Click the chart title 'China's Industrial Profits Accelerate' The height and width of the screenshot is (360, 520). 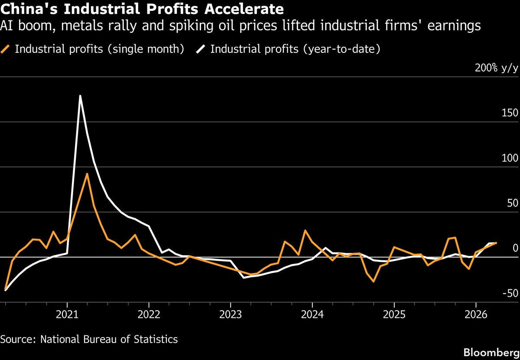pyautogui.click(x=142, y=9)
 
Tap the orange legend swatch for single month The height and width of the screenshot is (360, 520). pyautogui.click(x=6, y=49)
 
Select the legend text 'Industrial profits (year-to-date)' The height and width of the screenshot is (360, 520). pyautogui.click(x=295, y=49)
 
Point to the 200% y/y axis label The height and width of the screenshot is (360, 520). pyautogui.click(x=497, y=68)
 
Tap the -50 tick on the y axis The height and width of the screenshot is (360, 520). pyautogui.click(x=510, y=294)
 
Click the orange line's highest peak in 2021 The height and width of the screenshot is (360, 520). pyautogui.click(x=87, y=174)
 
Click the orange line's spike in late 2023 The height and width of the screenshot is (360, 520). pyautogui.click(x=305, y=230)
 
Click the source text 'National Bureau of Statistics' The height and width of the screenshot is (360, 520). pyautogui.click(x=109, y=339)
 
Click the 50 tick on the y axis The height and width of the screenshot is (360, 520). pyautogui.click(x=513, y=204)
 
